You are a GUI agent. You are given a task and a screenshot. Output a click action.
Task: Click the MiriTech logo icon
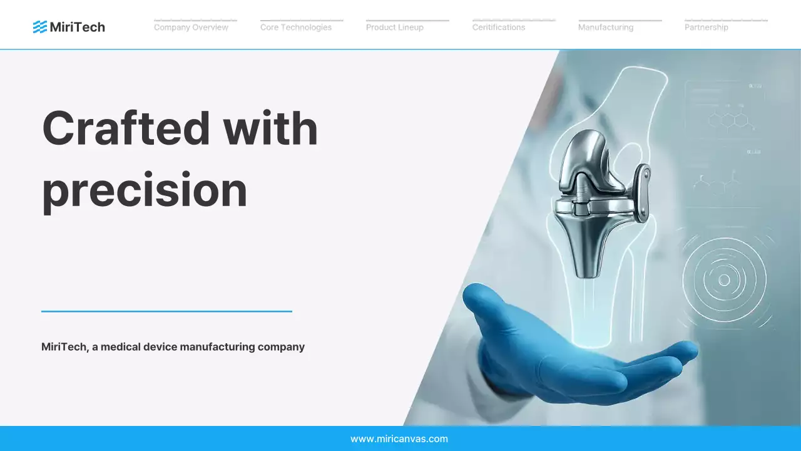point(40,27)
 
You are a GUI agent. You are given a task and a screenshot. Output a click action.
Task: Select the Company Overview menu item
point(191,28)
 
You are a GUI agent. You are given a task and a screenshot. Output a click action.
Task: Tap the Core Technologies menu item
point(296,28)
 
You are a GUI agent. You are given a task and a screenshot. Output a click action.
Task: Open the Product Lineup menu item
point(395,28)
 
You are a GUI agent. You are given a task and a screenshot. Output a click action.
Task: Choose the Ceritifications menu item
point(499,28)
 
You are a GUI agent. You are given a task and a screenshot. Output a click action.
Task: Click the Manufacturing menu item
point(606,28)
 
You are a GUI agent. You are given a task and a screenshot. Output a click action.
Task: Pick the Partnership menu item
point(707,28)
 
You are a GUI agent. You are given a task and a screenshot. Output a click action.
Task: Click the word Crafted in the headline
point(125,128)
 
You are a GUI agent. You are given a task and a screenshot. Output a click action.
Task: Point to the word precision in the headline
point(145,189)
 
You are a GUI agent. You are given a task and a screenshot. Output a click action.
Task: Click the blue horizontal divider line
point(166,311)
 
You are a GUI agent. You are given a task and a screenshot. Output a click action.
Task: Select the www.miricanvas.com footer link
point(399,439)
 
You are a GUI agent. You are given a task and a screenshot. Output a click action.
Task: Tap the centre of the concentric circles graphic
point(724,280)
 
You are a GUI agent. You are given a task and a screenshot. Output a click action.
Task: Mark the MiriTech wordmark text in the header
point(77,27)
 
